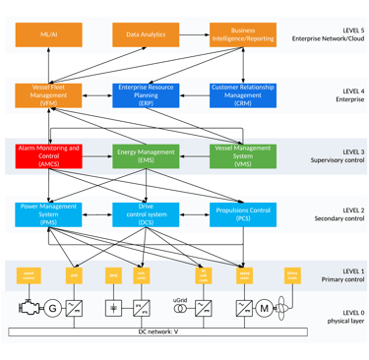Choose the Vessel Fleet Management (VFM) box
tap(48, 94)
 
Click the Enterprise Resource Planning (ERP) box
tap(146, 94)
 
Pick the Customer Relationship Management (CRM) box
tap(243, 94)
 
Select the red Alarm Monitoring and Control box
tap(48, 154)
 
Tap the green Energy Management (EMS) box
tap(146, 154)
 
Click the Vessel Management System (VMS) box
tap(243, 154)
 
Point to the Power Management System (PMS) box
tap(48, 213)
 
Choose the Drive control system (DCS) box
tap(146, 213)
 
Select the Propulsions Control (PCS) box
tap(243, 213)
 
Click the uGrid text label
tap(180, 298)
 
